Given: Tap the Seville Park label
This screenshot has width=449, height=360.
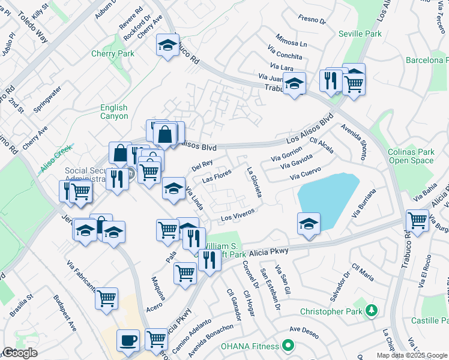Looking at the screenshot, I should [x=360, y=34].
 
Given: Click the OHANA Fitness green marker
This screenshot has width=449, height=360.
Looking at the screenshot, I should [x=288, y=346].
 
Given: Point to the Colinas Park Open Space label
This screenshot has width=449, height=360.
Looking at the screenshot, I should [x=411, y=156].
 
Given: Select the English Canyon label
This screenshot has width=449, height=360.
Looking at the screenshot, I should [x=113, y=112].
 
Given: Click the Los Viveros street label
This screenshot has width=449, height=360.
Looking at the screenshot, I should [x=238, y=214].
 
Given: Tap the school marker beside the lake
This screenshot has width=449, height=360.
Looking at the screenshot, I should [x=309, y=223].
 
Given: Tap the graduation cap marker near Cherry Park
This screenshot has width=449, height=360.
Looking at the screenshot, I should [x=167, y=44].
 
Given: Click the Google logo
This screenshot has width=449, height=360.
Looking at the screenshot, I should [x=19, y=353].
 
